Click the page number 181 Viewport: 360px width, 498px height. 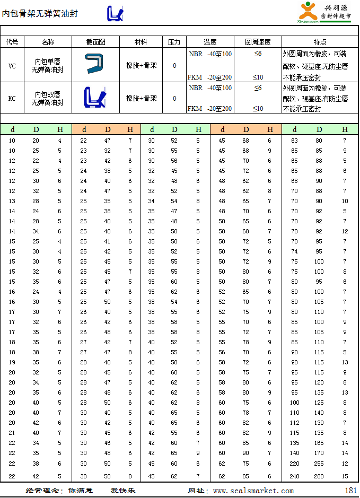click(350, 491)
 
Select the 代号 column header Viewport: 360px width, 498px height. click(12, 42)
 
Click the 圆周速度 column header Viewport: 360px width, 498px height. click(258, 42)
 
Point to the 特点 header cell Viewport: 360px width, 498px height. click(320, 42)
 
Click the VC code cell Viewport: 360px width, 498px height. click(12, 66)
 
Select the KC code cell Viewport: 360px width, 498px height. click(12, 98)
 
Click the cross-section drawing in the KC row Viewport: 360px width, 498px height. click(95, 98)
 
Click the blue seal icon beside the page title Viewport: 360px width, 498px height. click(116, 13)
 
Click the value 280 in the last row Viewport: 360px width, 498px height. click(319, 476)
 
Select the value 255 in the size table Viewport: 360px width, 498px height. click(319, 463)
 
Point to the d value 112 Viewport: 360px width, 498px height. click(294, 423)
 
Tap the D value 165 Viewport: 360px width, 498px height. click(319, 443)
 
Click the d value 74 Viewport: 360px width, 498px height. click(294, 251)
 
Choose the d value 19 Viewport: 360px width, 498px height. click(12, 362)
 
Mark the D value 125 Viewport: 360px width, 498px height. click(319, 403)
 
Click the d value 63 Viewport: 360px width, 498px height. click(294, 141)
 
